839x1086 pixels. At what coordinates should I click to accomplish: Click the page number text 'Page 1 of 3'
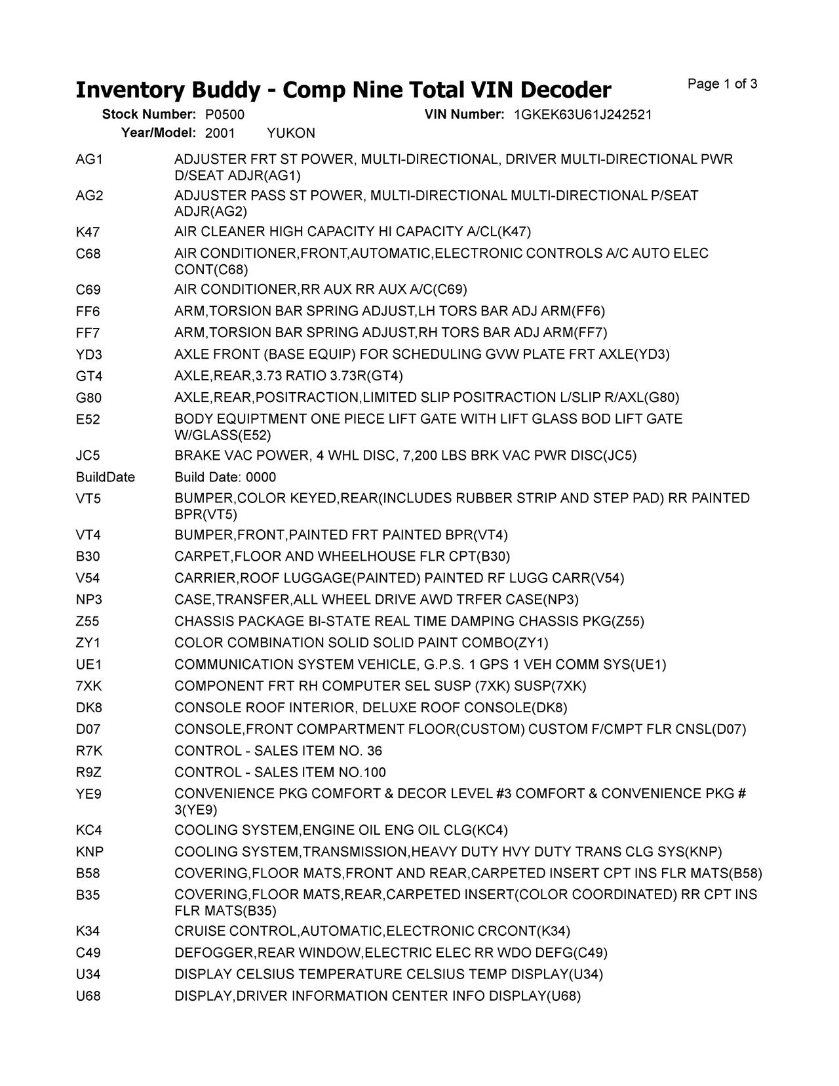[x=722, y=84]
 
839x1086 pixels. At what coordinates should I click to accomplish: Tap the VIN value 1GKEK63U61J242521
[x=583, y=115]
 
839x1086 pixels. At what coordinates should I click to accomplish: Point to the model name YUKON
[x=291, y=133]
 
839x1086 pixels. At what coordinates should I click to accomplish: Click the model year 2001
[x=220, y=133]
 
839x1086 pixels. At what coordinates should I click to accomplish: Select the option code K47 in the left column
[x=88, y=231]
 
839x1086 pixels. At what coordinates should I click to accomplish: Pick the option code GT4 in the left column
[x=89, y=376]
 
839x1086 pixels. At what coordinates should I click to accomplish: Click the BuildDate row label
[x=105, y=477]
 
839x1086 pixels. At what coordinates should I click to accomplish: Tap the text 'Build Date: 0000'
[x=225, y=477]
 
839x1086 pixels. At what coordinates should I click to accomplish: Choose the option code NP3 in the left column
[x=89, y=599]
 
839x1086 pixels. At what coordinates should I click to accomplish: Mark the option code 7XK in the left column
[x=89, y=686]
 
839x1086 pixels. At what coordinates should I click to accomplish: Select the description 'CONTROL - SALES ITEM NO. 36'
[x=278, y=750]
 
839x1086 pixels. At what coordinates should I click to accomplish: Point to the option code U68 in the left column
[x=88, y=995]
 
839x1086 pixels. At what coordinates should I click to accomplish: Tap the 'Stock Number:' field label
[x=149, y=115]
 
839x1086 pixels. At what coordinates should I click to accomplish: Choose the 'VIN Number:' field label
[x=464, y=115]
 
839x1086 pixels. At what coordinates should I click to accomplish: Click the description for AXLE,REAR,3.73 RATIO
[x=288, y=376]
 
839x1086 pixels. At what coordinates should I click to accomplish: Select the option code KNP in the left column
[x=90, y=851]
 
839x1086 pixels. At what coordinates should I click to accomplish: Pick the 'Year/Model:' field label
[x=159, y=133]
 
